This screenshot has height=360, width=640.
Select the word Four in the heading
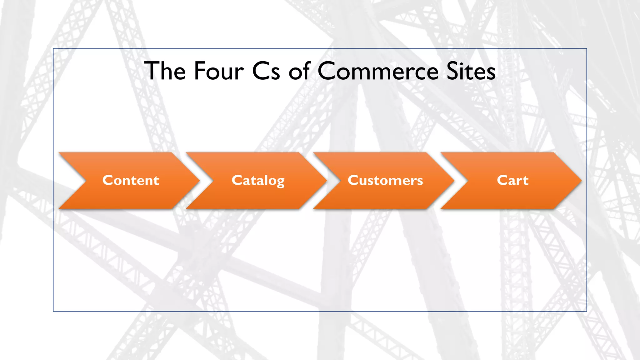point(219,71)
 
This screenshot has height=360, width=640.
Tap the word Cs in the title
point(266,71)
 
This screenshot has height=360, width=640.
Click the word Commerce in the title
point(378,71)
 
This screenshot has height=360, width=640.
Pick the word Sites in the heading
point(471,71)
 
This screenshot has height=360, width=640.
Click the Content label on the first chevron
point(131,180)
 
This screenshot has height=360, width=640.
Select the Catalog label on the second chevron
point(258,180)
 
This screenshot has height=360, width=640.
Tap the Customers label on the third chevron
point(385,180)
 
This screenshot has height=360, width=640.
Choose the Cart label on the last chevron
point(512,180)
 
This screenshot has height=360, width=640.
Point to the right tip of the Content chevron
point(199,180)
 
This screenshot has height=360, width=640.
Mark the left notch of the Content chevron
point(85,180)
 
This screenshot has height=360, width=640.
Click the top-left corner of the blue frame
point(53,49)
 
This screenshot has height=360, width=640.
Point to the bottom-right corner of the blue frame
point(587,311)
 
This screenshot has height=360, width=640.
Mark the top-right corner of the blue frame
point(587,49)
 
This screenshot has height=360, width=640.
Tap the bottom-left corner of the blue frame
point(53,311)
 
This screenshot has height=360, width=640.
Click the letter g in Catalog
point(280,182)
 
